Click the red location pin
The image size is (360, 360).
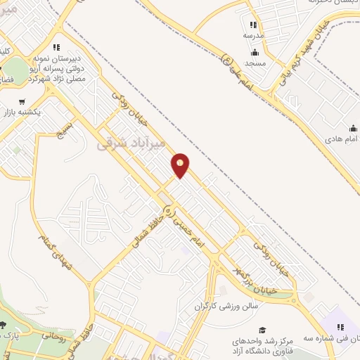[181, 165]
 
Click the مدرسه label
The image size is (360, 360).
[254, 35]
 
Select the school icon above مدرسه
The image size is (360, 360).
[254, 25]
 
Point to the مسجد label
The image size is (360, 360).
[255, 63]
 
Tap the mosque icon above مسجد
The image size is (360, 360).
[255, 53]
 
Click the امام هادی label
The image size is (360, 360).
[342, 139]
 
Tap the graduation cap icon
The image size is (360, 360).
[263, 330]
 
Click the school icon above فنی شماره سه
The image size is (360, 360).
[341, 327]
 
